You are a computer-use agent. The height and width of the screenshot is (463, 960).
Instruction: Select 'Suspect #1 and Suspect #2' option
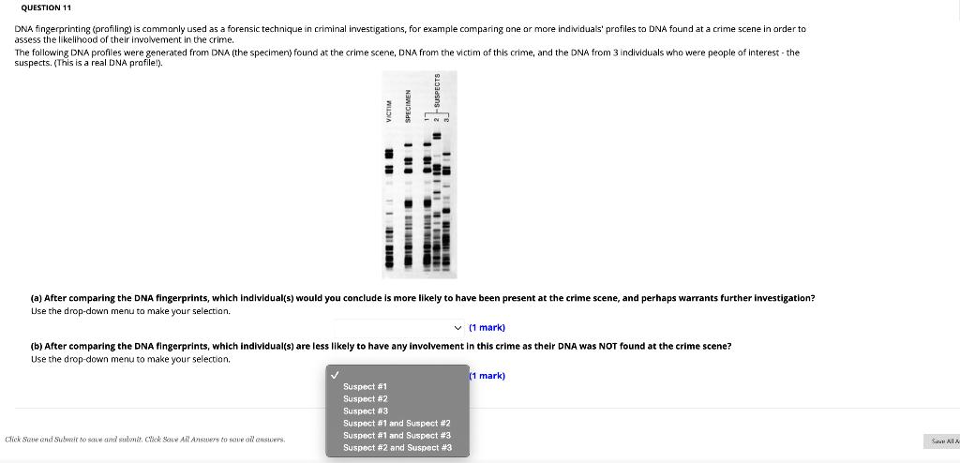397,424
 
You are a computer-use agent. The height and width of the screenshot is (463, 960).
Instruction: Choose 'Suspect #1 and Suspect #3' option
397,436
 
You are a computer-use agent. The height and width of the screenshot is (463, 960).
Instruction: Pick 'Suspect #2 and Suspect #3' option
397,448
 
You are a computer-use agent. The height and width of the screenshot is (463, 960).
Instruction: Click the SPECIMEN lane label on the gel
408,108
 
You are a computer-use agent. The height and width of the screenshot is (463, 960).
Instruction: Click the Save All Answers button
941,441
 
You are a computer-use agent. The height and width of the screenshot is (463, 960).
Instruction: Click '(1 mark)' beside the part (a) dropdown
487,327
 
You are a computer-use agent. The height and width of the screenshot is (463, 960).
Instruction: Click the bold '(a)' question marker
37,298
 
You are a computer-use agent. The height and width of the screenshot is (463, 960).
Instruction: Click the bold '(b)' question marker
37,346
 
